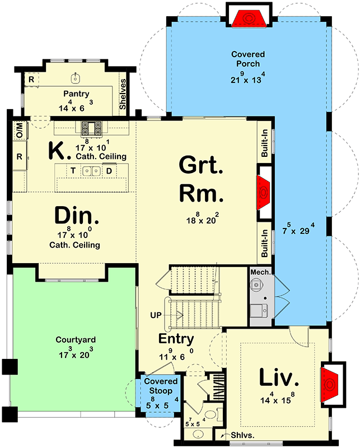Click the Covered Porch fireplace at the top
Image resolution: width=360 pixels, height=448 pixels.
(248, 17)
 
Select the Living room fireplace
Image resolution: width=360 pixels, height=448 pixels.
(330, 385)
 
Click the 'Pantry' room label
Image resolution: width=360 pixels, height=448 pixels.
(76, 94)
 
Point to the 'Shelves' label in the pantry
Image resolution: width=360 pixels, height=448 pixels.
(123, 94)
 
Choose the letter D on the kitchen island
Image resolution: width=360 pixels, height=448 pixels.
(109, 170)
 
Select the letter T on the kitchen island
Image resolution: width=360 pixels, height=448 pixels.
(72, 170)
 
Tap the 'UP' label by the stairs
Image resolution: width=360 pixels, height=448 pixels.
(156, 315)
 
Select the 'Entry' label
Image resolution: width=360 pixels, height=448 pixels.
(176, 339)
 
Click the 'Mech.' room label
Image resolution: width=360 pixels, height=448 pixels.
(260, 272)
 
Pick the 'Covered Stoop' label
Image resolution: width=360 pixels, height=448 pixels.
(161, 386)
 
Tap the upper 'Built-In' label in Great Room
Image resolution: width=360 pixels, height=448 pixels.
(265, 143)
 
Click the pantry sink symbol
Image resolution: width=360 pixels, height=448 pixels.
(76, 76)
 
